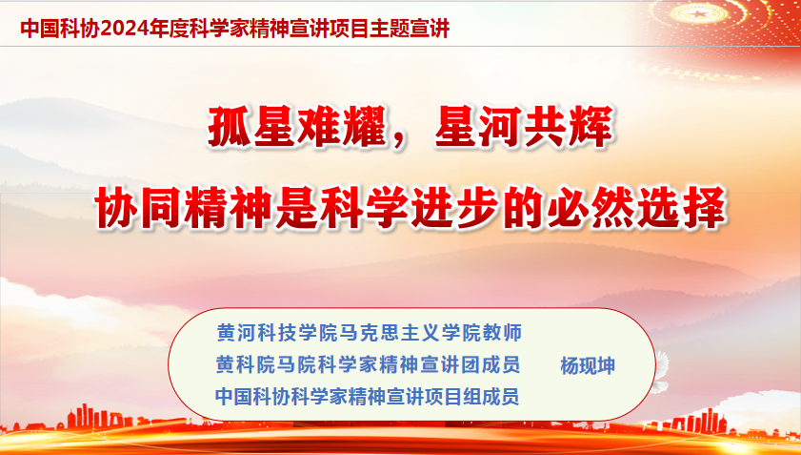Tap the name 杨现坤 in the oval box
click(x=588, y=366)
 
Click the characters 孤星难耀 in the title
click(x=297, y=127)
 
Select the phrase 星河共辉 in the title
click(x=524, y=127)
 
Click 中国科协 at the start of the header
click(x=60, y=29)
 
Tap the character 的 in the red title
click(x=524, y=208)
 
